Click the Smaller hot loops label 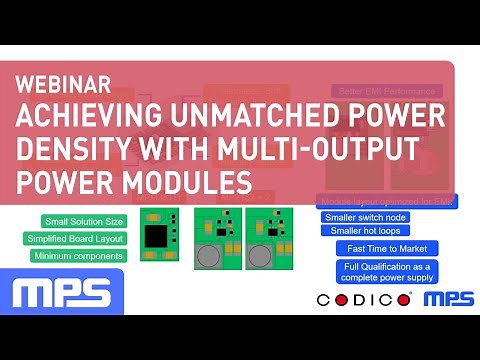pyautogui.click(x=360, y=231)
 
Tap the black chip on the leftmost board pyautogui.click(x=156, y=236)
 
